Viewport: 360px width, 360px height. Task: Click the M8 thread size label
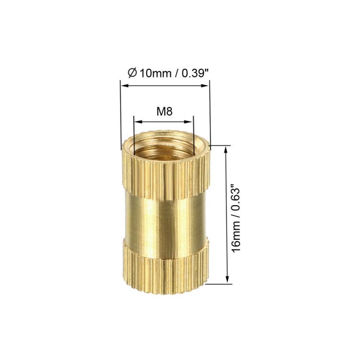(x=164, y=112)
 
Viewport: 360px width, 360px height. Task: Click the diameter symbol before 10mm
(x=132, y=73)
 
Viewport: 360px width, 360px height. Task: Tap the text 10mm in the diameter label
(x=155, y=73)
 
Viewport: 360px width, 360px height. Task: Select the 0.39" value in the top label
(x=195, y=73)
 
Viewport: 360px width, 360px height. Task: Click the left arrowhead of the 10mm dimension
(x=125, y=85)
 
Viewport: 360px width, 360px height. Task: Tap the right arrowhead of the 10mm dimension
(x=205, y=85)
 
